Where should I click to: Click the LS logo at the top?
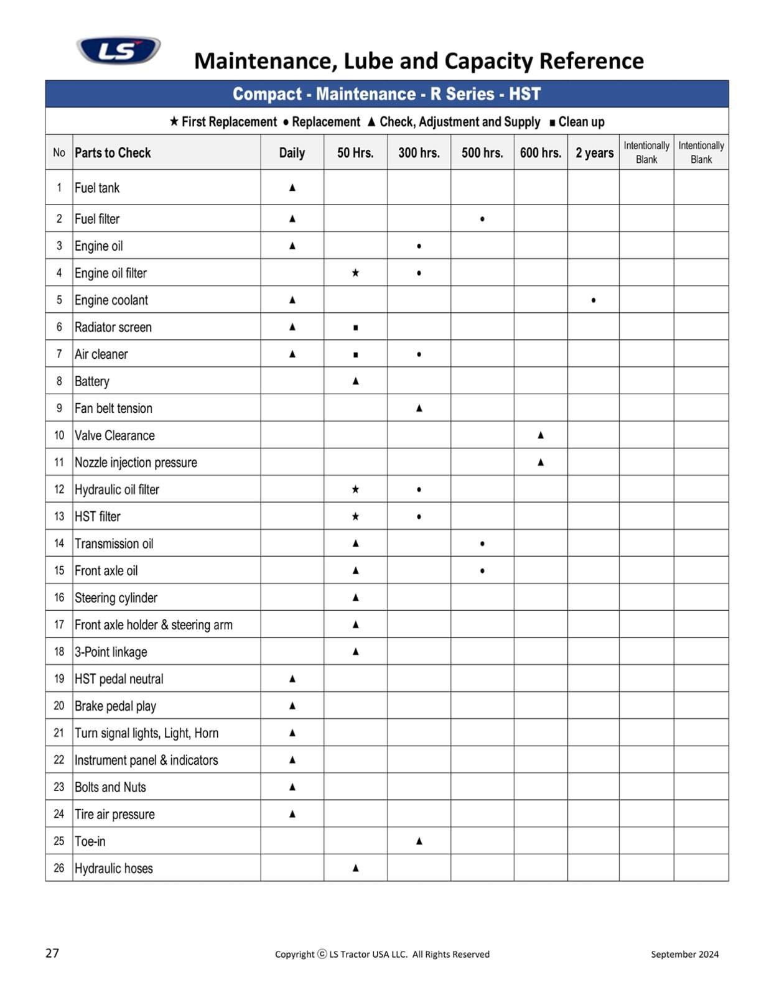(x=118, y=50)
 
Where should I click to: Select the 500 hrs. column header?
(x=482, y=152)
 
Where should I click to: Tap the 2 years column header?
(x=594, y=152)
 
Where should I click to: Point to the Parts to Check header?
(x=113, y=152)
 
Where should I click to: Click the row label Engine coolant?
(x=111, y=300)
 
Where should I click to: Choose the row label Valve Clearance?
(x=114, y=435)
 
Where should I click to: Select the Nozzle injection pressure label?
(x=136, y=462)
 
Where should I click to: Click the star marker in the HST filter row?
(x=355, y=516)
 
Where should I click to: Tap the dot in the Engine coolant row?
(x=594, y=300)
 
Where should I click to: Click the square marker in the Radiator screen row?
(x=355, y=328)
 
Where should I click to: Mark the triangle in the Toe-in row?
(x=419, y=841)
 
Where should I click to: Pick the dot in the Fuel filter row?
(x=482, y=219)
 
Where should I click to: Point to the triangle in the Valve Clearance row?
(x=541, y=435)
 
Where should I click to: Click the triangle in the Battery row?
(x=355, y=381)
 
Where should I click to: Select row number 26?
(x=59, y=868)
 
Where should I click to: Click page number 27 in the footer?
(x=52, y=953)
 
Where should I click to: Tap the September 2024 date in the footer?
(x=684, y=954)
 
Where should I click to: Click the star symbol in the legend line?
(x=174, y=121)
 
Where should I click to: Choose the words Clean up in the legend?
(x=581, y=122)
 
